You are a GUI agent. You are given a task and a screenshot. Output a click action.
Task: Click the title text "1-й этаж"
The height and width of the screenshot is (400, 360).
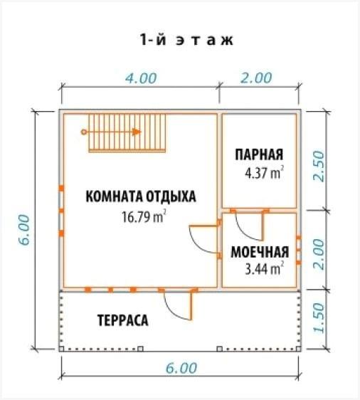pyautogui.click(x=186, y=40)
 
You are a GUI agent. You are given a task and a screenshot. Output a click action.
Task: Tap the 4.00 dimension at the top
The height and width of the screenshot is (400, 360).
pyautogui.click(x=141, y=78)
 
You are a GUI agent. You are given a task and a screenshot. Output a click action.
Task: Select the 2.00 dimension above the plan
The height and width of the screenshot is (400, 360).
pyautogui.click(x=256, y=78)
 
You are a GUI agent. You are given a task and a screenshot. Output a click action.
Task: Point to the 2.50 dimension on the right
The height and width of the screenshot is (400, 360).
pyautogui.click(x=319, y=167)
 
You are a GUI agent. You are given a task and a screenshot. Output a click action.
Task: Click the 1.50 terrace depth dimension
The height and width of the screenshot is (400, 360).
pyautogui.click(x=319, y=318)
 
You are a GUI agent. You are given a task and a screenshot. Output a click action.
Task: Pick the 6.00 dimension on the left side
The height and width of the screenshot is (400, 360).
pyautogui.click(x=24, y=230)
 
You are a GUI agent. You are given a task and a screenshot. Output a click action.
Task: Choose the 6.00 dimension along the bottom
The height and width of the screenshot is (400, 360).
pyautogui.click(x=181, y=368)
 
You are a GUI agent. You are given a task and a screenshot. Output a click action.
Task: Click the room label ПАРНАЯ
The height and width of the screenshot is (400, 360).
pyautogui.click(x=259, y=154)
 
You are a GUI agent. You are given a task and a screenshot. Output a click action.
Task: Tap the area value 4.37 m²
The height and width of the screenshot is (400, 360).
pyautogui.click(x=265, y=173)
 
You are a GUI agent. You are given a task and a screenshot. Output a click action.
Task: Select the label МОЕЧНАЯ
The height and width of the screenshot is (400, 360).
pyautogui.click(x=260, y=252)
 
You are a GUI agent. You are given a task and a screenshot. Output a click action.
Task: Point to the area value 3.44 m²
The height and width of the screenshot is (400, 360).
pyautogui.click(x=265, y=268)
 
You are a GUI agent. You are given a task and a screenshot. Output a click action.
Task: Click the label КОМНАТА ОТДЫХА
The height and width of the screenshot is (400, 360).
pyautogui.click(x=141, y=196)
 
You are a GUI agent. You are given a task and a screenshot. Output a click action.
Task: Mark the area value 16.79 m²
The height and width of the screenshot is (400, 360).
pyautogui.click(x=144, y=216)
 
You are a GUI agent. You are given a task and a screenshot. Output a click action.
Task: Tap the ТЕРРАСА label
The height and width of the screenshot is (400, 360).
pyautogui.click(x=122, y=320)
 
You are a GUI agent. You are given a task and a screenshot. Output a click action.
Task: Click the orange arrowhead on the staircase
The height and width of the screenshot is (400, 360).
pyautogui.click(x=137, y=132)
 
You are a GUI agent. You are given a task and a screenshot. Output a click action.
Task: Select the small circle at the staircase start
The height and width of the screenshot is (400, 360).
pyautogui.click(x=84, y=132)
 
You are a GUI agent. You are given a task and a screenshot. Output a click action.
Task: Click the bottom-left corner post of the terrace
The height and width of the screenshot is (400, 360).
pyautogui.click(x=61, y=349)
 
